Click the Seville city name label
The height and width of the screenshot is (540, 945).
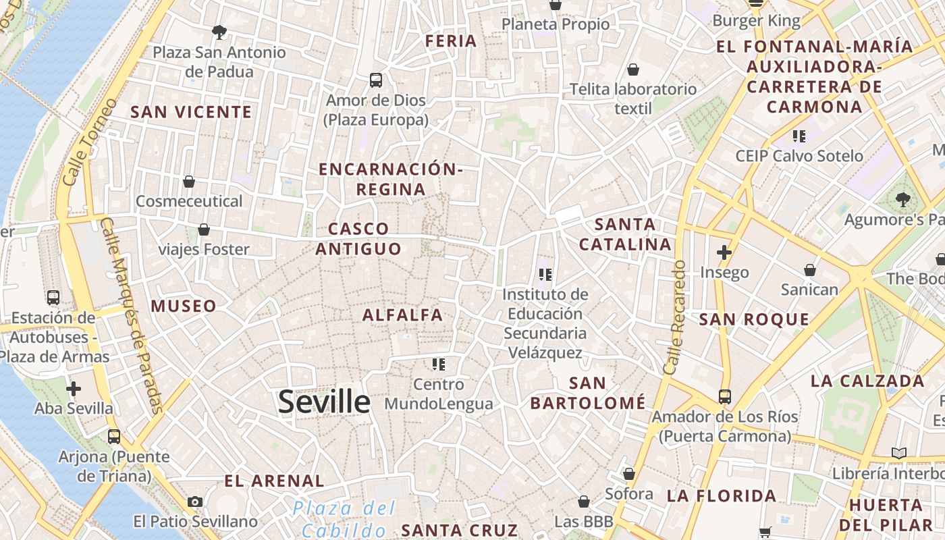324,402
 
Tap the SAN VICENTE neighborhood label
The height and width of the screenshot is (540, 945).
191,112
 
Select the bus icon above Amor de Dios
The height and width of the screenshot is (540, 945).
376,80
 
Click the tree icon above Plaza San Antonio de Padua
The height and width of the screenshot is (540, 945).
219,32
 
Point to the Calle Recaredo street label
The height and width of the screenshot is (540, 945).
674,317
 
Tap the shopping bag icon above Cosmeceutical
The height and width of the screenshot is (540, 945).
189,182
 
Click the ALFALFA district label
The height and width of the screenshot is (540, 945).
403,315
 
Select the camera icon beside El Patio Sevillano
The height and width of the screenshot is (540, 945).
195,502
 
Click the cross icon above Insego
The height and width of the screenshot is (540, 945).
724,253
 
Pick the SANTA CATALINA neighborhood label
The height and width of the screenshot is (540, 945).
625,234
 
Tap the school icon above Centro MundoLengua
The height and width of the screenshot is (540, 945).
439,364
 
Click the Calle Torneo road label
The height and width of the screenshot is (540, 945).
89,143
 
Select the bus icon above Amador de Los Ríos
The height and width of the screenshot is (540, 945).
725,396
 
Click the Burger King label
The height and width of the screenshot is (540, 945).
757,21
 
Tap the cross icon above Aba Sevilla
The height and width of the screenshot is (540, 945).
74,389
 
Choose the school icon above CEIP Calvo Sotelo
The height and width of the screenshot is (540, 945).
799,136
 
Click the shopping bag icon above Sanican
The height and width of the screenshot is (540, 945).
810,270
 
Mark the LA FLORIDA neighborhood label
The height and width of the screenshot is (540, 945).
722,496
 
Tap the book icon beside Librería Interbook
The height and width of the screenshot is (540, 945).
898,453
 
